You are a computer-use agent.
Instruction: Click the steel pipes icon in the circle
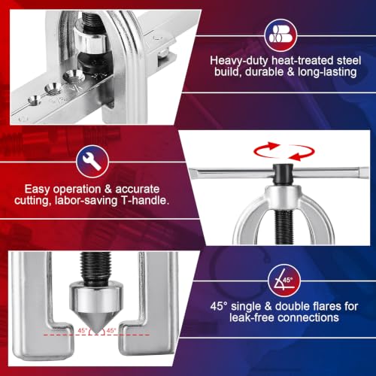pyautogui.click(x=280, y=35)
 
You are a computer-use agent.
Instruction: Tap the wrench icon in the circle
pyautogui.click(x=92, y=162)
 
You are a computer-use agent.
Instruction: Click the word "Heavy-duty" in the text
pyautogui.click(x=239, y=61)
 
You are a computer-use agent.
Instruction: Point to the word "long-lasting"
pyautogui.click(x=327, y=72)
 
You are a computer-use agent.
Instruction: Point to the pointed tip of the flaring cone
pyautogui.click(x=96, y=333)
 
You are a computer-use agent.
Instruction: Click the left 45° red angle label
pyautogui.click(x=83, y=330)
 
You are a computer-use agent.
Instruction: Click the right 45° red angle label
pyautogui.click(x=111, y=330)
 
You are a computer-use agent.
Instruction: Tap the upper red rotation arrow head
pyautogui.click(x=274, y=145)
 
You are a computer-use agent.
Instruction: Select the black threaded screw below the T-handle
pyautogui.click(x=284, y=227)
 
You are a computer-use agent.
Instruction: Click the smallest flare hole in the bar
pyautogui.click(x=35, y=100)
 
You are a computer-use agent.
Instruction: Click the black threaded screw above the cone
pyautogui.click(x=95, y=269)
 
